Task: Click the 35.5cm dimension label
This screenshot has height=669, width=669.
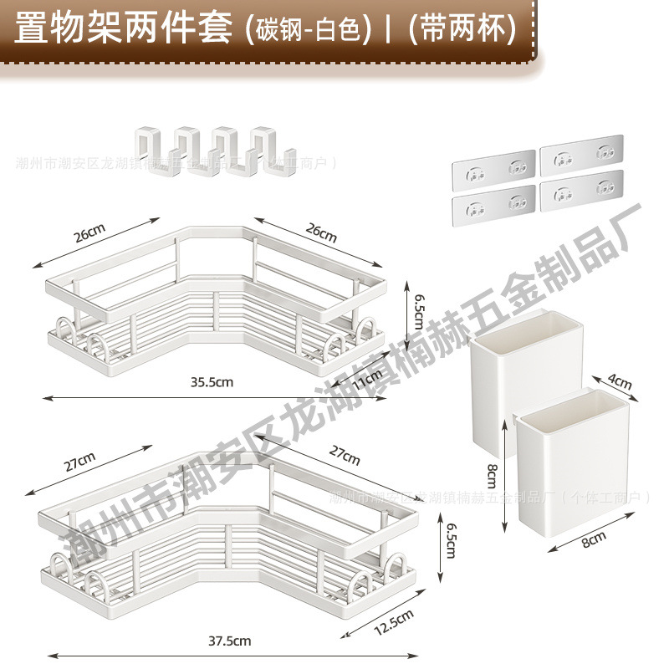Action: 210,381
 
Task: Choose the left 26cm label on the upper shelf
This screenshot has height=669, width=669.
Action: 90,234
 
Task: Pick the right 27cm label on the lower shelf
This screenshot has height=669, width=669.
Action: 344,457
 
